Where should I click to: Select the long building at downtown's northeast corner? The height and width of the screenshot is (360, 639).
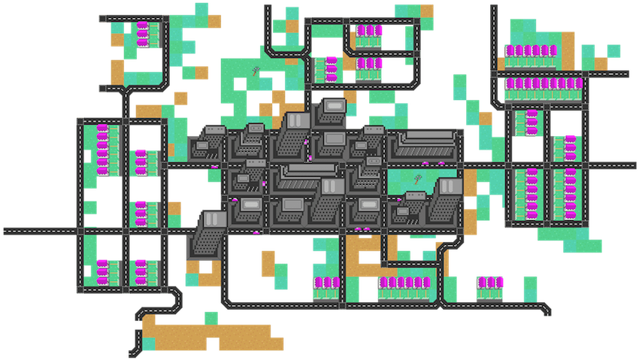(x=424, y=142)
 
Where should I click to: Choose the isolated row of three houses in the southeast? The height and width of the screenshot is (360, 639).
(x=489, y=283)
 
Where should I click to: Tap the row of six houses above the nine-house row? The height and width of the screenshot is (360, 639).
(x=532, y=51)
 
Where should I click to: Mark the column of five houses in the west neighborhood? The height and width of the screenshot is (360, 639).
(x=103, y=150)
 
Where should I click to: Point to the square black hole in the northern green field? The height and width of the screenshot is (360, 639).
(x=241, y=84)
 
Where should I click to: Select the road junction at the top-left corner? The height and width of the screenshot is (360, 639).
(x=102, y=17)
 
